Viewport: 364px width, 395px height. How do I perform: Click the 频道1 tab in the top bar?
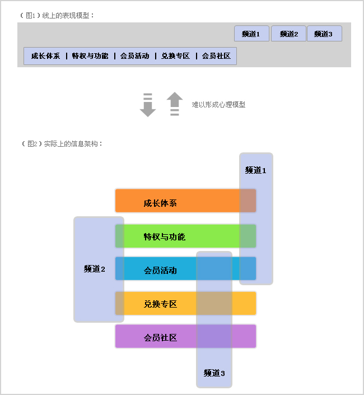[251, 34]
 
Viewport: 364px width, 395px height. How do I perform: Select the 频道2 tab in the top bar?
[288, 34]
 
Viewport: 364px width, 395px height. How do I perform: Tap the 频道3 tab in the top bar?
[324, 34]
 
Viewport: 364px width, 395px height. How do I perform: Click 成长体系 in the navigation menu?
[45, 56]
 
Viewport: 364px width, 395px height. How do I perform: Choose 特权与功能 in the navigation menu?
[90, 56]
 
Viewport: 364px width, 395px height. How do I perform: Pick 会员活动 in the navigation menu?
[134, 56]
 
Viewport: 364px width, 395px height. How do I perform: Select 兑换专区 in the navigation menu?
[175, 56]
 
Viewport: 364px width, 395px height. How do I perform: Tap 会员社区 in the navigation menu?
[216, 56]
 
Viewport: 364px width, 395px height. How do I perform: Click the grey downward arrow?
[147, 105]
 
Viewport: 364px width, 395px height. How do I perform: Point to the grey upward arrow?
[175, 104]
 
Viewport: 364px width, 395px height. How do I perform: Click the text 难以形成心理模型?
[218, 104]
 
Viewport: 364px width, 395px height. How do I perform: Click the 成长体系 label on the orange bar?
[160, 203]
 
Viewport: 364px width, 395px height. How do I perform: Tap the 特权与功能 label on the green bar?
[164, 236]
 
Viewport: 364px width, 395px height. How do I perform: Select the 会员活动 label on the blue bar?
[160, 270]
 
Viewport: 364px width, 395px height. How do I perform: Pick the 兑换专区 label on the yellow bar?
[160, 304]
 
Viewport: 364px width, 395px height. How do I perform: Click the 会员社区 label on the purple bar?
[160, 337]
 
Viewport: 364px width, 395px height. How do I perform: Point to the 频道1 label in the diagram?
[255, 170]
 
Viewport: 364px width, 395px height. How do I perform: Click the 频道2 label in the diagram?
[95, 269]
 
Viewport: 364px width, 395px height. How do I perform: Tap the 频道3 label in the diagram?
[214, 373]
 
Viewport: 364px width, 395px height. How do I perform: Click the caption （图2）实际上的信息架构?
[62, 144]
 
